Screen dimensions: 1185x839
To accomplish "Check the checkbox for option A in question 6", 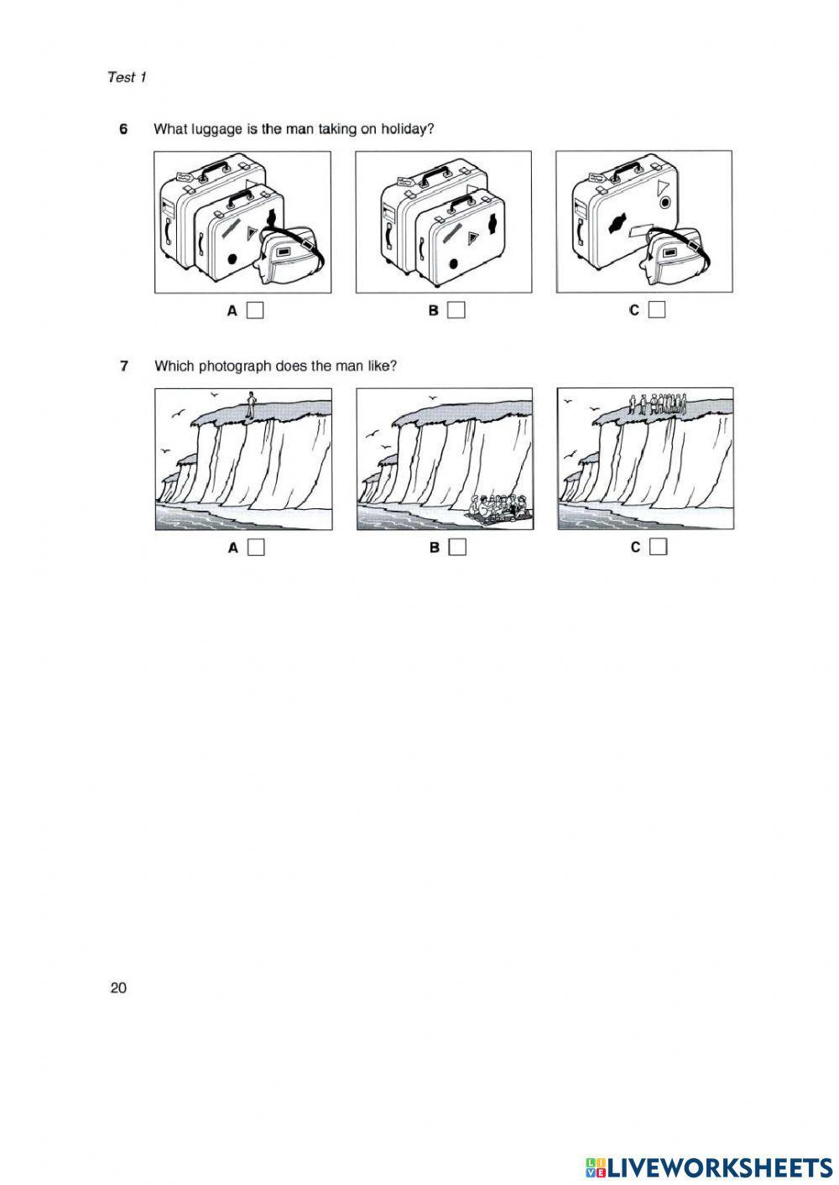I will click(256, 310).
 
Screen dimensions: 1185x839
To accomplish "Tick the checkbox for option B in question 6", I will click(456, 310).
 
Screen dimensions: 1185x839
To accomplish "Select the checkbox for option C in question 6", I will click(657, 310).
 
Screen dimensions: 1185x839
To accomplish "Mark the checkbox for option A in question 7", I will click(256, 548).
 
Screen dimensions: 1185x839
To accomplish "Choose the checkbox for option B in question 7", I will click(457, 548).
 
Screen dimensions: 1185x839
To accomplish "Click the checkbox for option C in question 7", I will click(658, 548).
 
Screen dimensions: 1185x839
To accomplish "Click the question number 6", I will click(123, 129).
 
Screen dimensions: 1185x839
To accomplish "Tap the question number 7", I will click(123, 366).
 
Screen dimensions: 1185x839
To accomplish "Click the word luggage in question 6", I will click(211, 129).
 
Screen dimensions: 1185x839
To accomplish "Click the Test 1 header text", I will click(127, 77).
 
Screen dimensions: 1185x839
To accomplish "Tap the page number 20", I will click(118, 988).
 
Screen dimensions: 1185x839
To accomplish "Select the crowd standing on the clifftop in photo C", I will click(659, 404).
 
